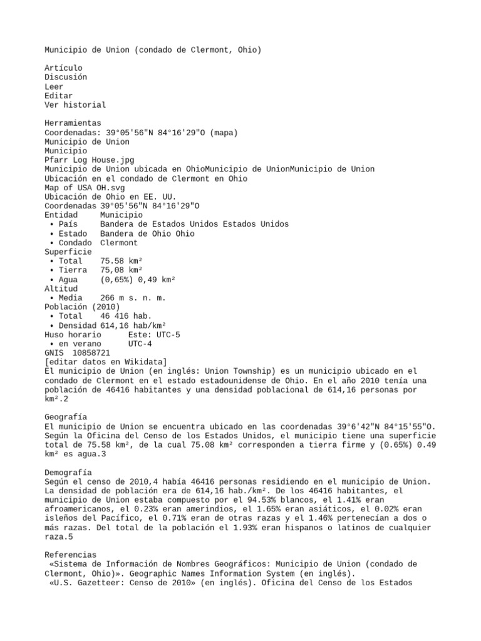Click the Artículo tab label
coord(63,68)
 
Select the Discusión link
coord(66,77)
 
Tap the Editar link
coord(58,96)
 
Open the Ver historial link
coord(75,105)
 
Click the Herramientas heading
coord(73,123)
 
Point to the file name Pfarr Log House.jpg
coord(89,160)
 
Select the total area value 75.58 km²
coord(121,261)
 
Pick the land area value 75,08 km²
coord(121,270)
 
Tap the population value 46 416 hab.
coord(126,316)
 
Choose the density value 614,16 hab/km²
coord(133,326)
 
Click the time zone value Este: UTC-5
coord(153,335)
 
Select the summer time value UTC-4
coord(140,344)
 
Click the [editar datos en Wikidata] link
coord(105,362)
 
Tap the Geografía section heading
coord(66,417)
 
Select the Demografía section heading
coord(68,472)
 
